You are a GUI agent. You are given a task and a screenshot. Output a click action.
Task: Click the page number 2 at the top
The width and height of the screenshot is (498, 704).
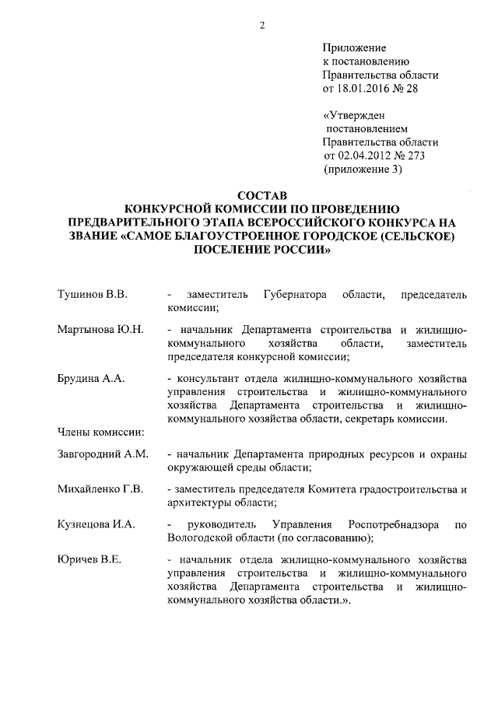tap(262, 25)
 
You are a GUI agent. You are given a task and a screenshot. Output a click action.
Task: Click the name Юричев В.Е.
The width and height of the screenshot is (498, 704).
tap(89, 559)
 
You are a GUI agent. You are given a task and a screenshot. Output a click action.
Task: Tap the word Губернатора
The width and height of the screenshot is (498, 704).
tap(296, 296)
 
